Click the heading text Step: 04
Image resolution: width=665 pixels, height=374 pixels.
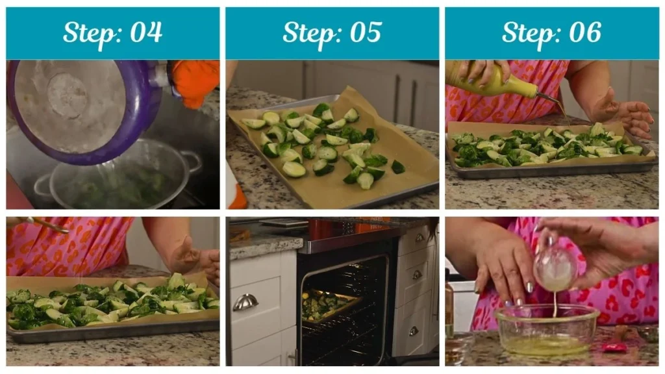click(112, 32)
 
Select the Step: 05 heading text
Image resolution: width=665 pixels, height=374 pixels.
click(332, 32)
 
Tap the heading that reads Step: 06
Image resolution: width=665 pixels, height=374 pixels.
click(551, 32)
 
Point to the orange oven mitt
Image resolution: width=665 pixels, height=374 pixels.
click(195, 81)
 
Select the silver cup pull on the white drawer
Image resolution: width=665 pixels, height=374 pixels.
click(245, 302)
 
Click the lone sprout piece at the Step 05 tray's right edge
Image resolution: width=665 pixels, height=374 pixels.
click(397, 167)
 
